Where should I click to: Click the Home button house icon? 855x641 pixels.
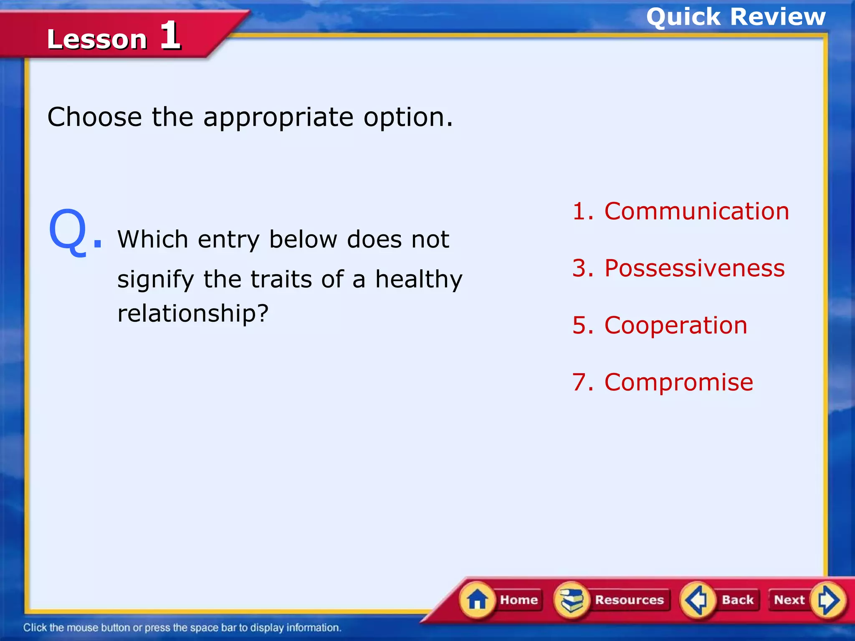tap(477, 600)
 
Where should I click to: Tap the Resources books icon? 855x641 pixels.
tap(572, 600)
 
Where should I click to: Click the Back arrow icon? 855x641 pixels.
tap(696, 600)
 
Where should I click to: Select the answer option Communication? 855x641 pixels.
tap(696, 211)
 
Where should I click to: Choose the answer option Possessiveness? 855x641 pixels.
tap(694, 268)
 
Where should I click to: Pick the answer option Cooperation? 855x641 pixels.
tap(675, 325)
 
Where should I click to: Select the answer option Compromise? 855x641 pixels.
tap(678, 382)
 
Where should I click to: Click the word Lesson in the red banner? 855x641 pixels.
tap(97, 40)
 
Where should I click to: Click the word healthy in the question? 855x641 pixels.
tap(419, 279)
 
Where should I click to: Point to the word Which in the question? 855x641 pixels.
tap(153, 240)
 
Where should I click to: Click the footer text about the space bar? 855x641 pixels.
tap(182, 628)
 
